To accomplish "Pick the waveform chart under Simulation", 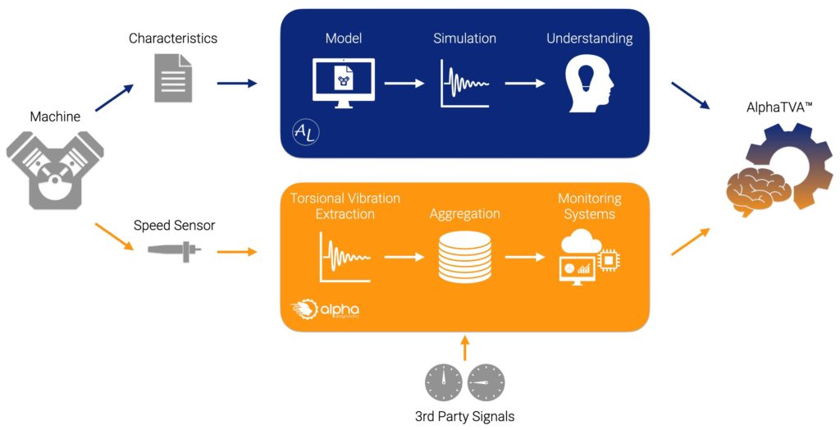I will [x=464, y=84].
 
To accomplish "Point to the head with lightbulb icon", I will [x=590, y=84].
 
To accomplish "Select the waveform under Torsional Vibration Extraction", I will [x=345, y=258].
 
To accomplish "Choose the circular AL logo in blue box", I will [x=305, y=132].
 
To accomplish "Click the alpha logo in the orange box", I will [x=325, y=311].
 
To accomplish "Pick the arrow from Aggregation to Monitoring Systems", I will [x=525, y=257].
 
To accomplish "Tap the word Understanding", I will [x=590, y=39].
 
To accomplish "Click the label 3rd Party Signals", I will [x=464, y=417].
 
